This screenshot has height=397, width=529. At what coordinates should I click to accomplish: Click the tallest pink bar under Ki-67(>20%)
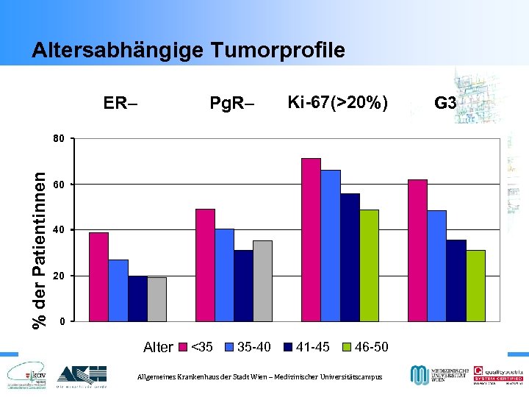[311, 240]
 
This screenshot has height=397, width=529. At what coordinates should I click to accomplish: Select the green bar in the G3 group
[475, 285]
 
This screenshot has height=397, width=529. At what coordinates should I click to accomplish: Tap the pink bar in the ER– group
[98, 276]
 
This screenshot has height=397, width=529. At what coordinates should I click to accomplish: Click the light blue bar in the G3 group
[436, 265]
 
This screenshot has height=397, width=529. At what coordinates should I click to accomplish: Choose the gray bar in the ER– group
[156, 298]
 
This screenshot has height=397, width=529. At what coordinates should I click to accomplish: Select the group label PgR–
[231, 104]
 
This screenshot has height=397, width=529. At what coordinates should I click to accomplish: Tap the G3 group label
[445, 104]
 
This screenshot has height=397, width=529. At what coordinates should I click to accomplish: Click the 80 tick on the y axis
[59, 138]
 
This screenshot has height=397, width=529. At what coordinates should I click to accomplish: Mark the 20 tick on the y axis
[59, 276]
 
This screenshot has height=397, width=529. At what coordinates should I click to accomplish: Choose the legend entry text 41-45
[312, 346]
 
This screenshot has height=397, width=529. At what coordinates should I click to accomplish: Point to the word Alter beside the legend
[158, 347]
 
